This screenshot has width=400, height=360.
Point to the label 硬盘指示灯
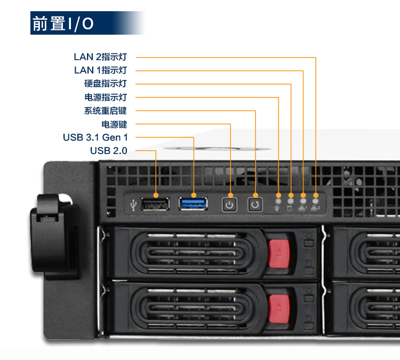coord(106,84)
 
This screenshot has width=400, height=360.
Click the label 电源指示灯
coord(106,97)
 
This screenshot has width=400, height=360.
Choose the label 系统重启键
coord(106,111)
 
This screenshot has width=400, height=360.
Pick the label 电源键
coord(114,124)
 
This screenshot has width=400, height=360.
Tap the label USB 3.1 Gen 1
coord(95,138)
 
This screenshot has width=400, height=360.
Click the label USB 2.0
coord(109,151)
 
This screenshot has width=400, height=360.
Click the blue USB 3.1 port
coord(193,203)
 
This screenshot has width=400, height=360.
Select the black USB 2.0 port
coord(156,203)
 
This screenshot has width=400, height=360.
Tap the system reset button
coord(255,203)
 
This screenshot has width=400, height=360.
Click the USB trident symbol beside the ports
coord(133,203)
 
